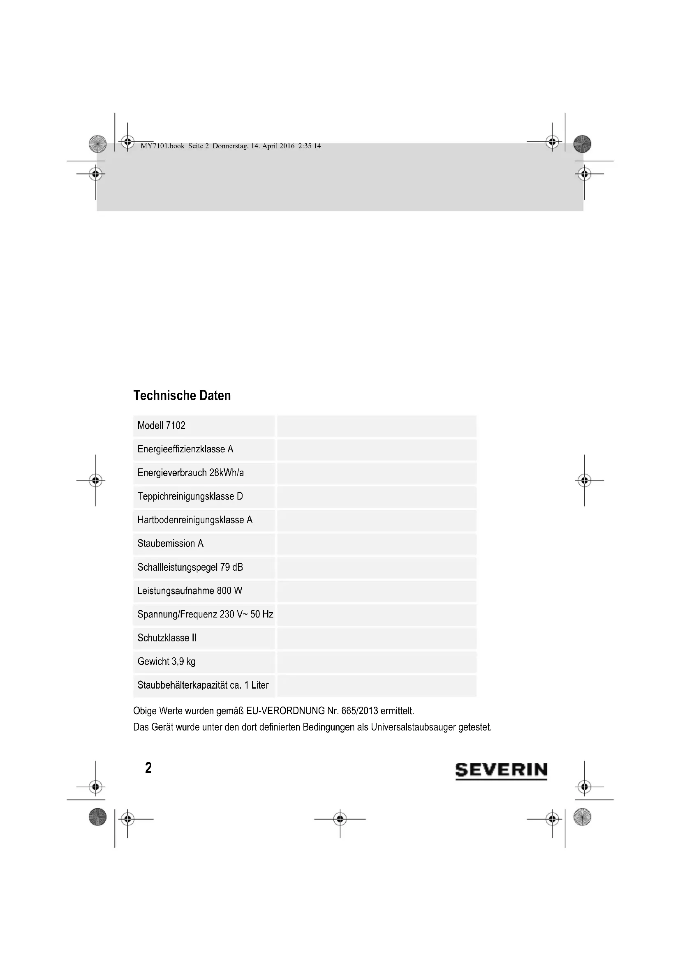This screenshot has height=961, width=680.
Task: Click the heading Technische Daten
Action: pyautogui.click(x=182, y=396)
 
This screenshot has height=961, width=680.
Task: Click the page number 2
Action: pyautogui.click(x=148, y=768)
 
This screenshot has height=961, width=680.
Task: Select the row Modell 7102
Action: pyautogui.click(x=162, y=426)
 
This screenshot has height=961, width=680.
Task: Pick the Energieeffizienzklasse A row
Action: pyautogui.click(x=185, y=449)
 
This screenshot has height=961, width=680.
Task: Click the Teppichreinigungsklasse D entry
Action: pyautogui.click(x=190, y=496)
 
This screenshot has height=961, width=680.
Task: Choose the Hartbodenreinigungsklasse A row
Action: pyautogui.click(x=195, y=520)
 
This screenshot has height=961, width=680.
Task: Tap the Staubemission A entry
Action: pyautogui.click(x=171, y=543)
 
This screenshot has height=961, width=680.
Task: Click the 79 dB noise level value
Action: pyautogui.click(x=231, y=567)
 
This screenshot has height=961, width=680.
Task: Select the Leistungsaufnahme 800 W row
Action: pyautogui.click(x=190, y=590)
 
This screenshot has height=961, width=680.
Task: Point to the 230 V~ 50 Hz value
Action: pyautogui.click(x=246, y=614)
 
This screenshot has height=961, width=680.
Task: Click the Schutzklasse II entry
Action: pyautogui.click(x=167, y=638)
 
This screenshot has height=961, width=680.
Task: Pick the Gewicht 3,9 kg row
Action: pyautogui.click(x=166, y=661)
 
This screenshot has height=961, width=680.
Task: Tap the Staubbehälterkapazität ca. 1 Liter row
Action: pyautogui.click(x=203, y=685)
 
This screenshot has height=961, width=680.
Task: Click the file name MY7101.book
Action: pyautogui.click(x=162, y=146)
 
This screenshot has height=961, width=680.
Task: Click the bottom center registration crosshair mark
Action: pyautogui.click(x=340, y=819)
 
